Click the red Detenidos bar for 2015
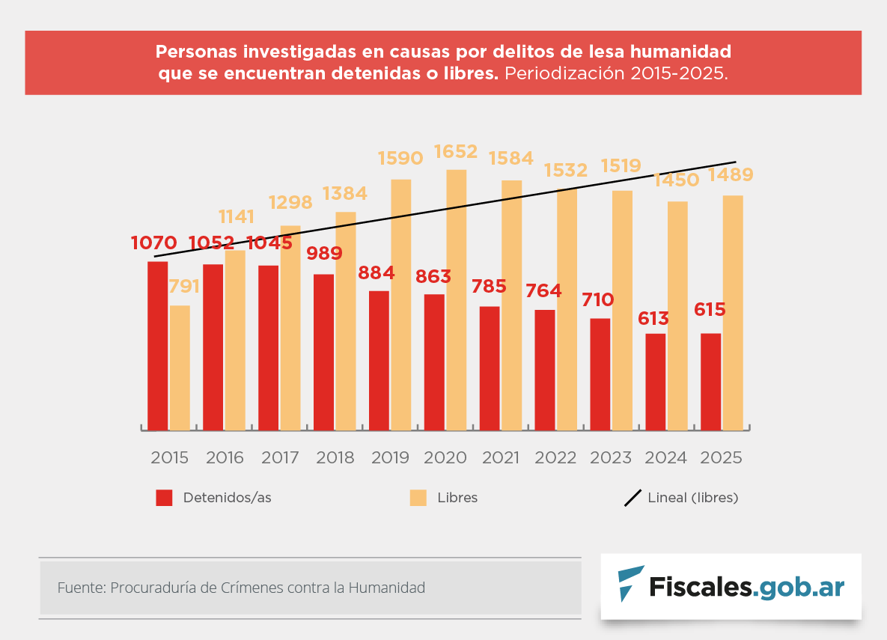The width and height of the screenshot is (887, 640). tap(157, 346)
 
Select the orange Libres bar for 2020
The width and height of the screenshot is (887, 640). tap(457, 299)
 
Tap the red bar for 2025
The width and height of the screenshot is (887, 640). tap(711, 382)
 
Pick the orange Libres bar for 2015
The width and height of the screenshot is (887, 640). tap(180, 368)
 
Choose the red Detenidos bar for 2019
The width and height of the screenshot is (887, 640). tap(379, 360)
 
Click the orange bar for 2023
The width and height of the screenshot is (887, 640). tap(622, 310)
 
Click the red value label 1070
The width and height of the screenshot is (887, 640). tap(153, 243)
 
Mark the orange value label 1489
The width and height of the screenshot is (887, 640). tap(731, 175)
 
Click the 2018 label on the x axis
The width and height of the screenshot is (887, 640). tap(335, 458)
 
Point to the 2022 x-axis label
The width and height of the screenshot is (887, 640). tap(555, 458)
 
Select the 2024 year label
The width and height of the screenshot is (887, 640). tap(666, 458)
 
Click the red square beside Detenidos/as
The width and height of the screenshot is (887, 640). tap(164, 498)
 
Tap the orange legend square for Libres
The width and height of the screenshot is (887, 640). tap(418, 498)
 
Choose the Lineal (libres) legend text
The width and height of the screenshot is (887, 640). tap(693, 498)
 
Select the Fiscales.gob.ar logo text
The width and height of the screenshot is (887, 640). tap(746, 587)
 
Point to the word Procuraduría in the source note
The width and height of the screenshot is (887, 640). tap(153, 588)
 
